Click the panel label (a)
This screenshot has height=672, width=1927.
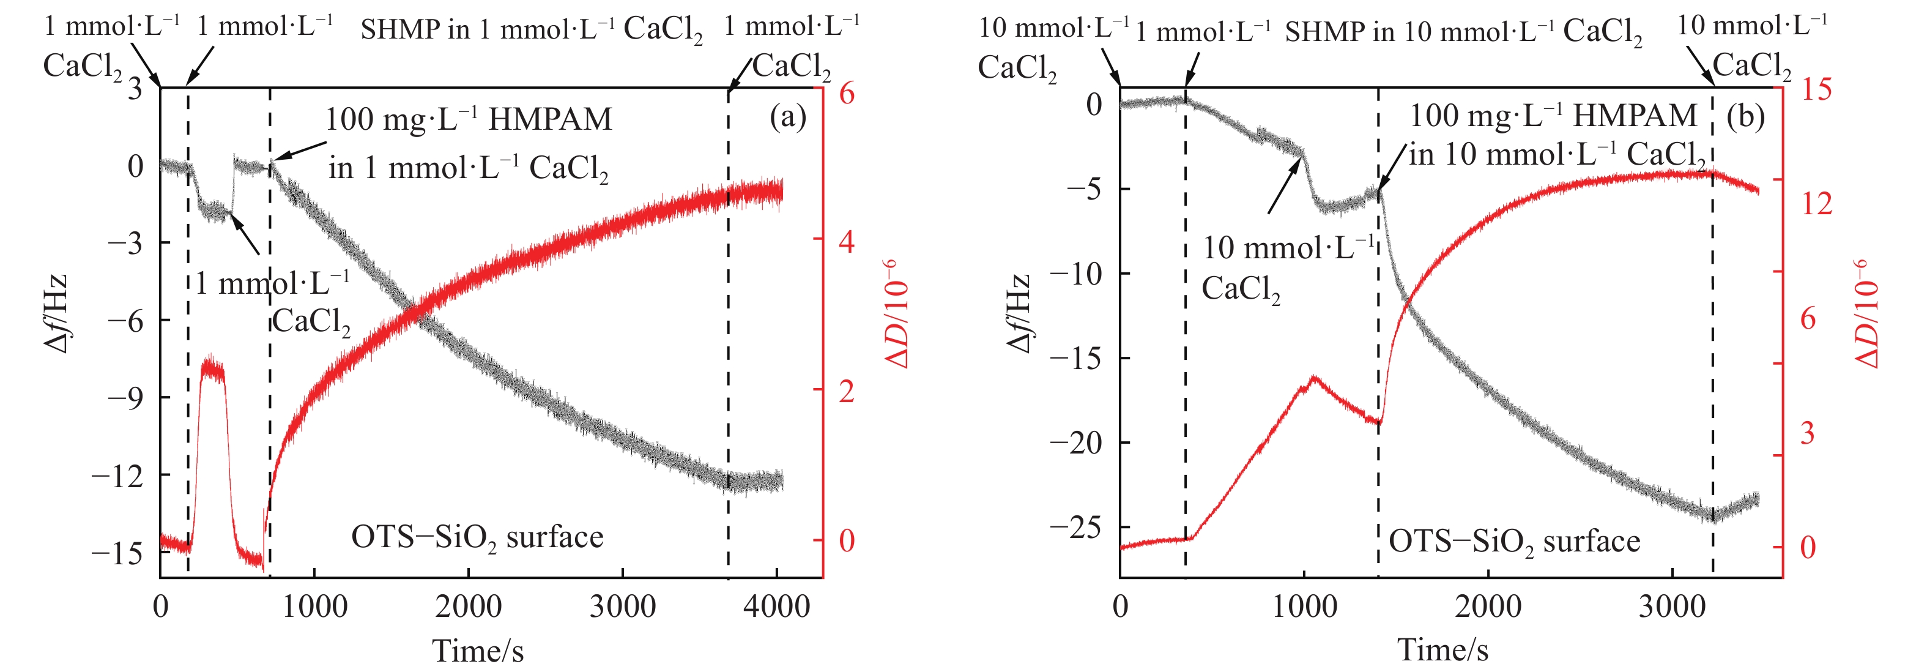788,118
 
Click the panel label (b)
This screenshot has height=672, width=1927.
1745,118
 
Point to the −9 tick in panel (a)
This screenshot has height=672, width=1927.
124,397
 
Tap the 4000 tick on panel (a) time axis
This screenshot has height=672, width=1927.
776,606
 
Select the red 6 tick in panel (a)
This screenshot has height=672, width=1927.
846,94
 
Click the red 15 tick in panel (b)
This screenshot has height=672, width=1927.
1816,90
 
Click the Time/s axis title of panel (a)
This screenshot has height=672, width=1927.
477,651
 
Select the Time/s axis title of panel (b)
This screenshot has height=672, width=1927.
1442,649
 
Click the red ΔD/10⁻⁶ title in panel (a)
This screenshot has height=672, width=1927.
897,315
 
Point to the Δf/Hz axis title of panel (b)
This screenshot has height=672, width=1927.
1020,315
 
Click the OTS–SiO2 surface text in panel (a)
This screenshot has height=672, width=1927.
477,538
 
